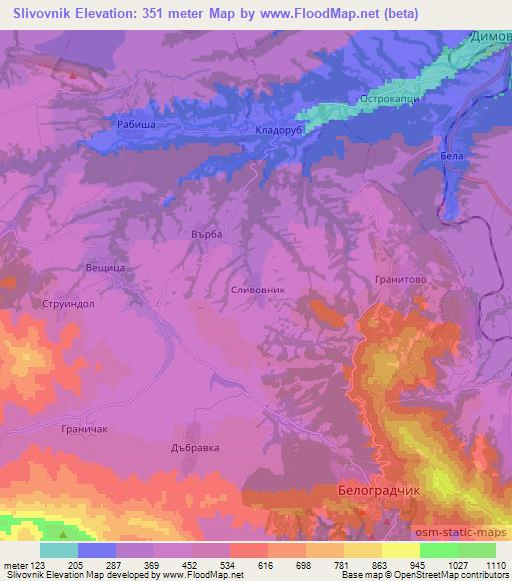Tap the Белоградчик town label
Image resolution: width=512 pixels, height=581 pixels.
click(x=381, y=491)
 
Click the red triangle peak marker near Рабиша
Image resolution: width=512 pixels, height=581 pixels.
click(x=73, y=74)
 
